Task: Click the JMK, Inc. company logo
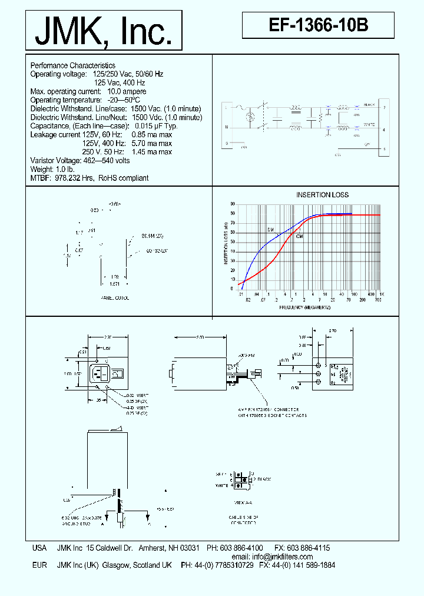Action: click(104, 31)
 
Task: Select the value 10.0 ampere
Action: click(127, 91)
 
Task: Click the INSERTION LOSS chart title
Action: click(322, 194)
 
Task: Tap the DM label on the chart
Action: click(271, 229)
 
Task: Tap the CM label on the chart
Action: click(299, 236)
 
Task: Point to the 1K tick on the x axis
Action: click(381, 294)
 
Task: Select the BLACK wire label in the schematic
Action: click(369, 104)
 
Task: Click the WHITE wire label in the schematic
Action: click(369, 124)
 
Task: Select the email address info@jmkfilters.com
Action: click(280, 557)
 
